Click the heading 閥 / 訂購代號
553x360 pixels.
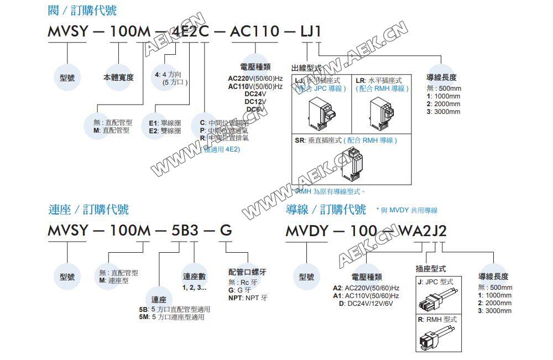click(x=82, y=11)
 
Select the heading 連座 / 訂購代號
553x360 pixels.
click(x=88, y=209)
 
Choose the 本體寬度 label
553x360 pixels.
click(x=118, y=77)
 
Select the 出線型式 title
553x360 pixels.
click(x=306, y=67)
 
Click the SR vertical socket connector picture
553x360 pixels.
click(x=351, y=165)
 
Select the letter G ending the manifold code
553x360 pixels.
click(x=226, y=231)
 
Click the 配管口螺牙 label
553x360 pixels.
click(x=247, y=272)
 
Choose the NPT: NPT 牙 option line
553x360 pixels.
click(x=247, y=298)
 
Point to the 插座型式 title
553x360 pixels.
click(x=430, y=269)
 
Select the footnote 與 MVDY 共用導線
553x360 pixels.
click(x=406, y=210)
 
